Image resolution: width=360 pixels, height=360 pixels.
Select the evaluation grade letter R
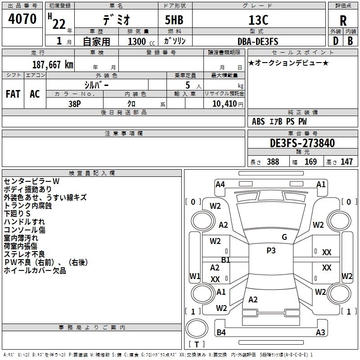point(343,20)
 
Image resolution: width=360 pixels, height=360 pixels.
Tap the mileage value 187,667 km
point(53,65)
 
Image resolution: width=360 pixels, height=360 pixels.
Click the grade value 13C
point(257,20)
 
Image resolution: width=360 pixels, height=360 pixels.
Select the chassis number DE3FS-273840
point(302,143)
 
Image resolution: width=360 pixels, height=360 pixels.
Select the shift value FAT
point(13,94)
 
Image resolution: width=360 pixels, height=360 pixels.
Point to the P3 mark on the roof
point(271,251)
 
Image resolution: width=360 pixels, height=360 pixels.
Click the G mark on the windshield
point(284,237)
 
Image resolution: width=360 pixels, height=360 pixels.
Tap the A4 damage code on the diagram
point(220,184)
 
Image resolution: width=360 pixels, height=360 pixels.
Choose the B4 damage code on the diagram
point(221,333)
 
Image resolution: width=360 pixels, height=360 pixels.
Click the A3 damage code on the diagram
point(320,333)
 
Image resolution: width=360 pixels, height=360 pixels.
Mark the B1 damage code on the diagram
point(225,260)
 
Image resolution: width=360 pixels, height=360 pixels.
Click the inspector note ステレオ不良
point(24,254)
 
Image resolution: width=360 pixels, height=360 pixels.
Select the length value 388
point(273,162)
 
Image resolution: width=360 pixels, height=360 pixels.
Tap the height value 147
point(346,162)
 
